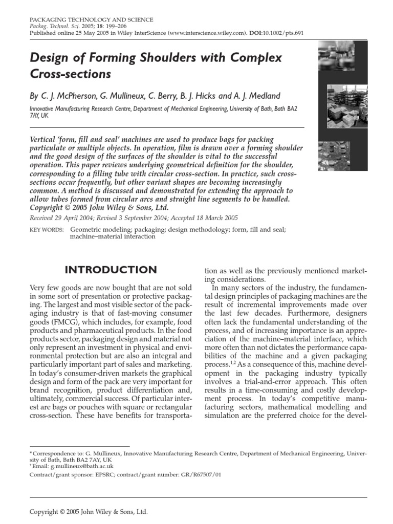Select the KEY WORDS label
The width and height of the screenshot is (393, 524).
pos(47,230)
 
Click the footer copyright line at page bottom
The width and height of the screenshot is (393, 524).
pos(89,511)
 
